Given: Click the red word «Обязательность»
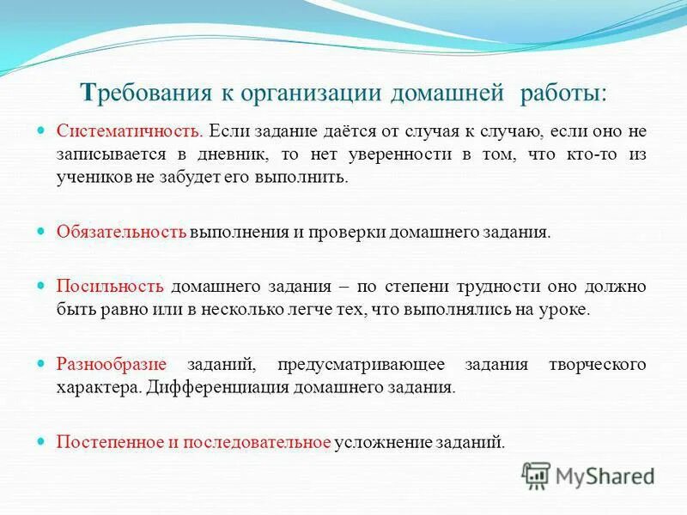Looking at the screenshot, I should point(121,232).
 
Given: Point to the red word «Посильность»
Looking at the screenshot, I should point(110,288).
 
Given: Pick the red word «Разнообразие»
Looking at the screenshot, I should point(111,365).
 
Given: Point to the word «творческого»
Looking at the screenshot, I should point(597,365).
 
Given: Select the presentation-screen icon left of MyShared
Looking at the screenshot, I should point(537,475).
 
